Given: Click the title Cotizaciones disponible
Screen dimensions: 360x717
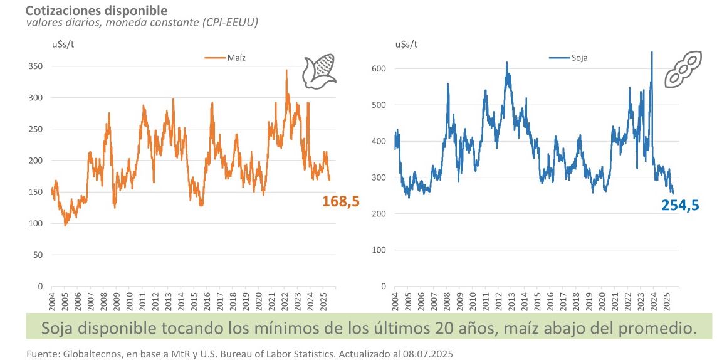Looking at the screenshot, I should pyautogui.click(x=88, y=10).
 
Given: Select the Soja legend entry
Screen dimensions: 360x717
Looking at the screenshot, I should pyautogui.click(x=570, y=58).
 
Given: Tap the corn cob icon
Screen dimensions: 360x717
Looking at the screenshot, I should pyautogui.click(x=320, y=70).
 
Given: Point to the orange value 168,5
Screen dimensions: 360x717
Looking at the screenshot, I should pyautogui.click(x=341, y=201).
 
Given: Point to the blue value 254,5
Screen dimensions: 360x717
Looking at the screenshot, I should pyautogui.click(x=680, y=204).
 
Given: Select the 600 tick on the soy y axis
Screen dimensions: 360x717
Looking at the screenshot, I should pyautogui.click(x=379, y=68).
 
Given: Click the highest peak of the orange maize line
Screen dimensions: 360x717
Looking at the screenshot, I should pyautogui.click(x=286, y=70).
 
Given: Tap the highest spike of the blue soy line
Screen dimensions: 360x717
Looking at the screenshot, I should pyautogui.click(x=652, y=53).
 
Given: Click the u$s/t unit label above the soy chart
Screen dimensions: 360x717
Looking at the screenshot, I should pyautogui.click(x=406, y=44).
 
